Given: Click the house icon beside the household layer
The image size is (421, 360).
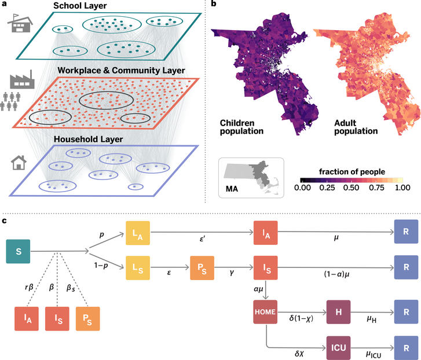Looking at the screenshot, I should [20, 164].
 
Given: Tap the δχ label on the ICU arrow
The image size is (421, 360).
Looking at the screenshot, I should [299, 351].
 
